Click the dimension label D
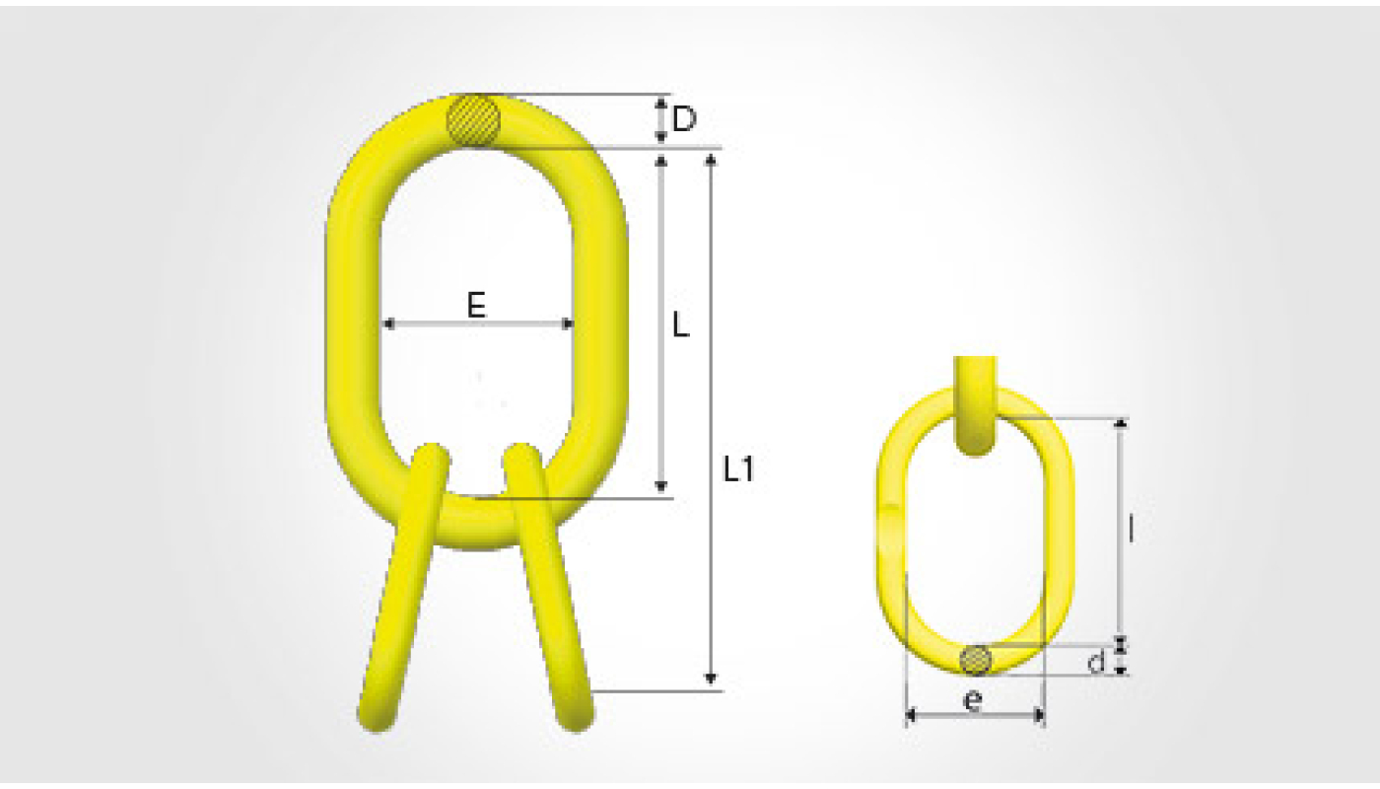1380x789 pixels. [684, 119]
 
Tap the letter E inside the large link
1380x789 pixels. [476, 305]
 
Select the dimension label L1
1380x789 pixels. [738, 469]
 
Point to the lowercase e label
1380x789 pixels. [973, 701]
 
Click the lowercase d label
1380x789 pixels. [1096, 662]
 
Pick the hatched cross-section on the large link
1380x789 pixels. [473, 120]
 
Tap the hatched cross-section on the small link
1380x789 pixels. [976, 660]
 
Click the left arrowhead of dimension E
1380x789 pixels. [388, 323]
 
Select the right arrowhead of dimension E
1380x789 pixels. [568, 323]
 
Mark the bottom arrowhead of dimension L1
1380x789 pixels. [711, 680]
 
